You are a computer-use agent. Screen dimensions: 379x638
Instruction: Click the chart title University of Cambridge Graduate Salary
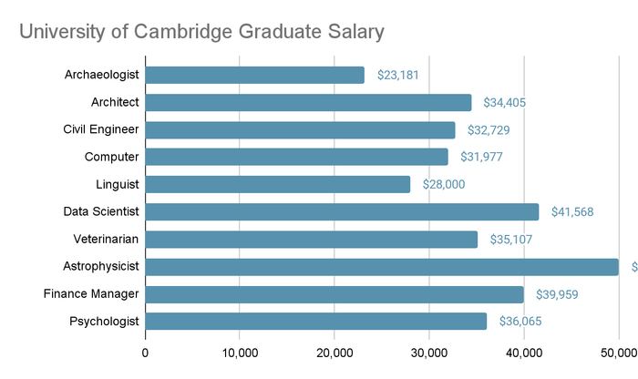[201, 31]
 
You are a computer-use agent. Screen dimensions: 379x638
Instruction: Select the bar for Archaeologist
[255, 76]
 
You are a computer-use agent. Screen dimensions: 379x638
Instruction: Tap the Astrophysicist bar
[382, 267]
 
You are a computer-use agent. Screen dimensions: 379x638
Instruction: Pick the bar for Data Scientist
[342, 212]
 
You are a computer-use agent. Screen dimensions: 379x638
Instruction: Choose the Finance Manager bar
[334, 294]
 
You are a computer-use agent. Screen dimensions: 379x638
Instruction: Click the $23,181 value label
[398, 76]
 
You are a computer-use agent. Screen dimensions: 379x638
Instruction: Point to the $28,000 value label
[444, 185]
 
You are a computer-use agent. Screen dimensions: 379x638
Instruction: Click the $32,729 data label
[489, 130]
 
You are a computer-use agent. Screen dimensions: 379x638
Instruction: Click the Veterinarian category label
[106, 240]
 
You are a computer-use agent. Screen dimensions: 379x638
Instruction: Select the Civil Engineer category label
[100, 130]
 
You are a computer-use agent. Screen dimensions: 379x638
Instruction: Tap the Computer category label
[111, 158]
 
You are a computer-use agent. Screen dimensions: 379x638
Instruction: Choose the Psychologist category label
[104, 322]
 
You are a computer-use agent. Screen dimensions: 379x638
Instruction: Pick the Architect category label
[115, 103]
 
